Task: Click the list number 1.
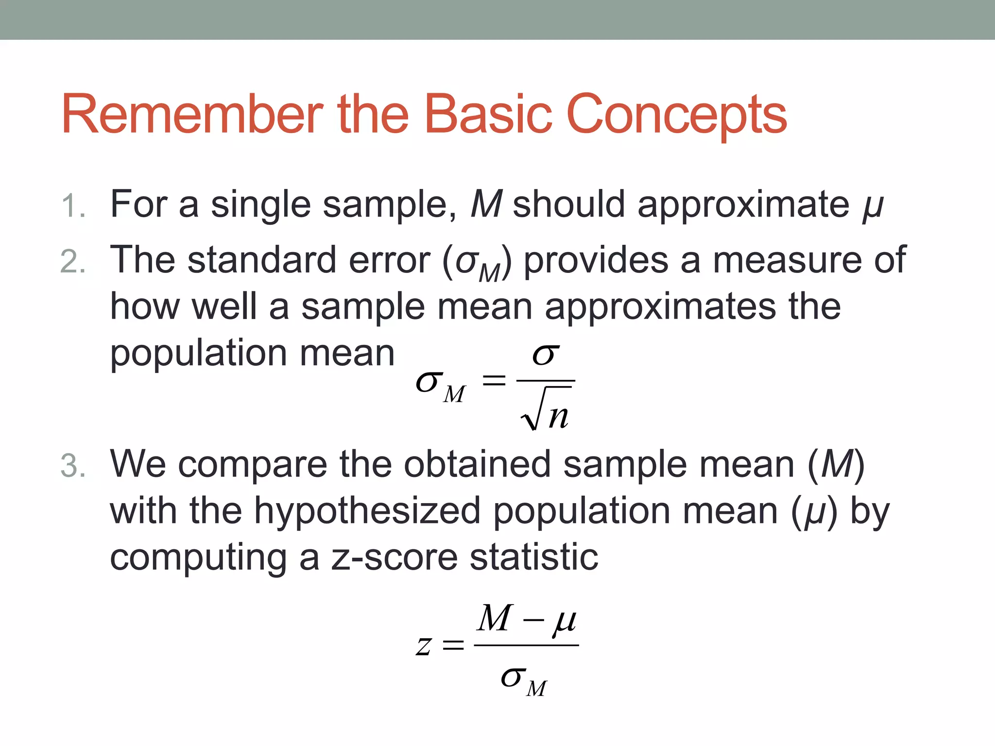point(73,206)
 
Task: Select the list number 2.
point(73,262)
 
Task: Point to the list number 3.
point(73,466)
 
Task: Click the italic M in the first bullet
point(486,204)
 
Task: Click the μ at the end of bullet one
point(873,207)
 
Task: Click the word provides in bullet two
point(596,260)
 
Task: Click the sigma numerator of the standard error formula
point(545,355)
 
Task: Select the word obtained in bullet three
point(477,464)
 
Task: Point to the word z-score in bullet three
point(394,557)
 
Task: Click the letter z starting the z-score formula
point(424,646)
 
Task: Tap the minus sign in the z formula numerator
point(533,621)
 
